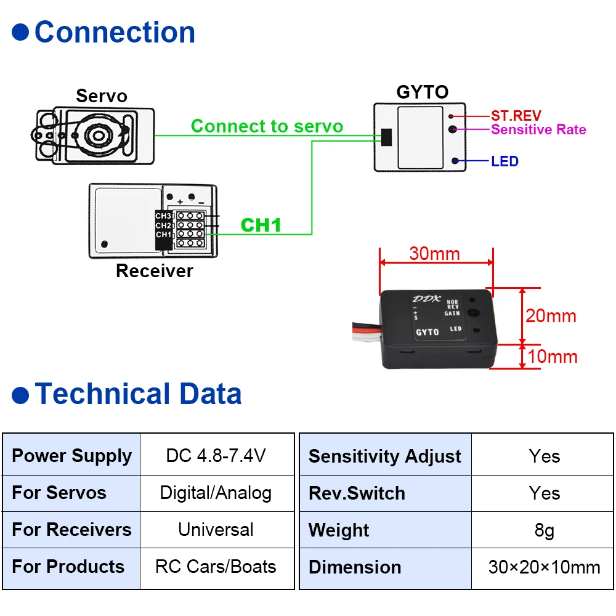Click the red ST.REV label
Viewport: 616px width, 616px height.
coord(516,116)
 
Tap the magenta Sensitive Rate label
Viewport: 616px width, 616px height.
coord(538,129)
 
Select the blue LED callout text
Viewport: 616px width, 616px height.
coord(505,161)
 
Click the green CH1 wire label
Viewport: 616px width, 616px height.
coord(261,225)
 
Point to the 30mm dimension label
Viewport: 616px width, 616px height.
coord(434,253)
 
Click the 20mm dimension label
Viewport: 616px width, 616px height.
coord(551,316)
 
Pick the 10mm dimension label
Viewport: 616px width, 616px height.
coord(553,356)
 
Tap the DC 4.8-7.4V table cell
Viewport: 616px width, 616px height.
coord(216,455)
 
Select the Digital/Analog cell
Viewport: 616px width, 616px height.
coord(216,493)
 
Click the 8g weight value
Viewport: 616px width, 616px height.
coord(544,530)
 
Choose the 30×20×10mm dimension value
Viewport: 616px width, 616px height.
coord(544,567)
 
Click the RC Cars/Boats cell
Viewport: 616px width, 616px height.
coord(216,567)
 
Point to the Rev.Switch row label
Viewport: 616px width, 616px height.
coord(357,493)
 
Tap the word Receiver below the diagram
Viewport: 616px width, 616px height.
coord(155,270)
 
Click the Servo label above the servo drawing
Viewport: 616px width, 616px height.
coord(102,96)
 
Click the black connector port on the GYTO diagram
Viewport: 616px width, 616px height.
coord(387,137)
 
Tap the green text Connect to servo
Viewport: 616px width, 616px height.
coord(267,126)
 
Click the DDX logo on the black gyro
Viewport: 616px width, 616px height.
coord(426,299)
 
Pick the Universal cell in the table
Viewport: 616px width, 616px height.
coord(216,530)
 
